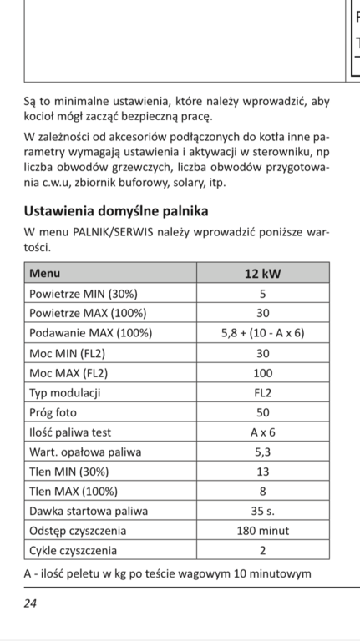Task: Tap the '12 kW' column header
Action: [x=262, y=273]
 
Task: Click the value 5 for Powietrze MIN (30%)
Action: [x=262, y=294]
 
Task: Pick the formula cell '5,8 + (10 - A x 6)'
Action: [x=262, y=332]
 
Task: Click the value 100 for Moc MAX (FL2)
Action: [x=262, y=372]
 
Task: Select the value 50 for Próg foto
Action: [x=262, y=413]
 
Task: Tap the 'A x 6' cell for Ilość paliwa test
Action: [x=262, y=432]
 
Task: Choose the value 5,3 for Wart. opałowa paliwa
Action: [x=262, y=452]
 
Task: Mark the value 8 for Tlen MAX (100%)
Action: [x=262, y=491]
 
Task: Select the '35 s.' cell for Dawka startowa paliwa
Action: [x=262, y=511]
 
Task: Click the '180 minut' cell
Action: [x=262, y=531]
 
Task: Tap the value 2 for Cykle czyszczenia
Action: [x=262, y=551]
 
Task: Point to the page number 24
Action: [x=30, y=603]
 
